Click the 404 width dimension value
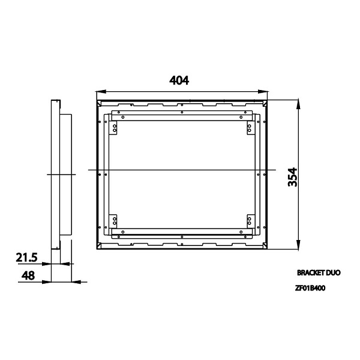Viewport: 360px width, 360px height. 179,80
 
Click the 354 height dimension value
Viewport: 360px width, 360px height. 293,177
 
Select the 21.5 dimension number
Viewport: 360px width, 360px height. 26,257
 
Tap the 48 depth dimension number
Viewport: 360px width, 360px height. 28,275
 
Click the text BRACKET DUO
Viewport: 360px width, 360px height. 319,273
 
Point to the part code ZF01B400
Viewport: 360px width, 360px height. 310,288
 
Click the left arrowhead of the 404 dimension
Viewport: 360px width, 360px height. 101,92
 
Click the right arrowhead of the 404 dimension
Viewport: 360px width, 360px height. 263,92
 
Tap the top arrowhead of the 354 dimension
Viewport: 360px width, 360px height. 298,104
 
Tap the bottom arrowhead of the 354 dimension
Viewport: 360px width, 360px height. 298,244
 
